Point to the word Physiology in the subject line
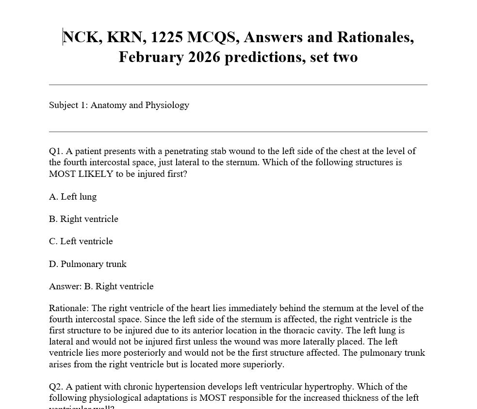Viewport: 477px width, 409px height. coord(167,105)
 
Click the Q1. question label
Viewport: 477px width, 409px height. coord(56,151)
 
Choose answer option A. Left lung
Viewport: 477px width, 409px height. coord(73,197)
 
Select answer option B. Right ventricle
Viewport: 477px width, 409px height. coord(83,219)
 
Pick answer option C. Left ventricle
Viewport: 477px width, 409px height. coord(81,241)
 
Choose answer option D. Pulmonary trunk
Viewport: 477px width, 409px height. coord(87,264)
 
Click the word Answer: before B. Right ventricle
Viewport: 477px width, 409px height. coord(66,286)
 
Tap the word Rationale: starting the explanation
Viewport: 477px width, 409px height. coord(69,308)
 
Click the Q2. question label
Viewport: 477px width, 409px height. coord(56,387)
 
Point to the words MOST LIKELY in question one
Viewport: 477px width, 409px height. coord(81,174)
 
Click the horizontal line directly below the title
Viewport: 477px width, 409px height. coord(238,85)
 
